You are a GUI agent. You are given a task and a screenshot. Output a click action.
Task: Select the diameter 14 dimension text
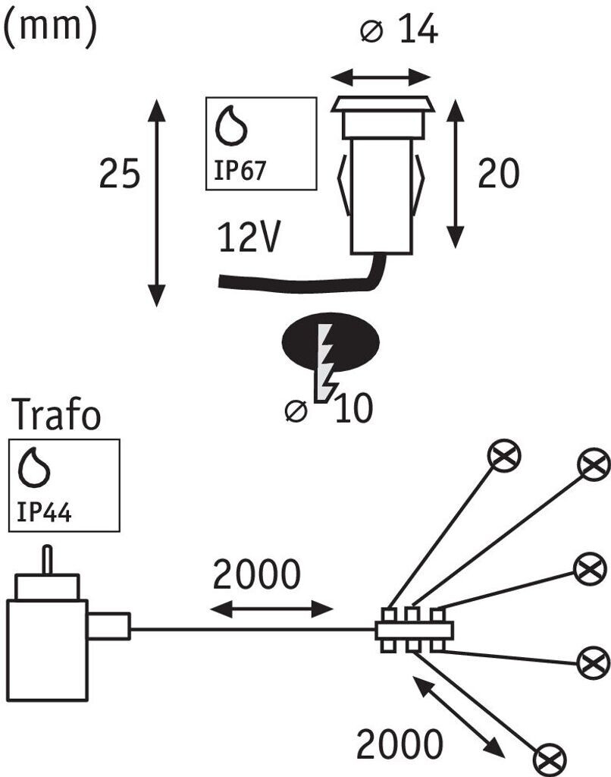coord(399,30)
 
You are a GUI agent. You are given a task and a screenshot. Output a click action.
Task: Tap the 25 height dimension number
coord(120,174)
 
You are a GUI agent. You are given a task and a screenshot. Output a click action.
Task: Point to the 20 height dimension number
coord(499,174)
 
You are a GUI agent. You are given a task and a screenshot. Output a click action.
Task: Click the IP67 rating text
coord(240,170)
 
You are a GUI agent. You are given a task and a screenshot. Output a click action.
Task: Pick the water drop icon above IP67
coord(230,126)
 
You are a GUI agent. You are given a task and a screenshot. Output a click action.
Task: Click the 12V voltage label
coord(249,237)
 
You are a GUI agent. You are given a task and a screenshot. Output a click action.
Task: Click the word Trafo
coord(56,414)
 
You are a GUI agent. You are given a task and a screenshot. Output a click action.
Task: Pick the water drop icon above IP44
coord(33,467)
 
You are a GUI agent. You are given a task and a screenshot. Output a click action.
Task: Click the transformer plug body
coord(48,650)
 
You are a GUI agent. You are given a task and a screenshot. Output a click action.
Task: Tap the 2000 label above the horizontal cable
coord(256,574)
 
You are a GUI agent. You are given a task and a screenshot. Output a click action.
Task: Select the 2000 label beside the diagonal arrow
coord(399,744)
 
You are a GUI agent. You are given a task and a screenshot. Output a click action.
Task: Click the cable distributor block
coord(414,629)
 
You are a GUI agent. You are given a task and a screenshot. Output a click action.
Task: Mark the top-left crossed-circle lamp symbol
coord(505,456)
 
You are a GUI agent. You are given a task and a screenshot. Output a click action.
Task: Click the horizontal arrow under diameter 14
coord(381,77)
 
